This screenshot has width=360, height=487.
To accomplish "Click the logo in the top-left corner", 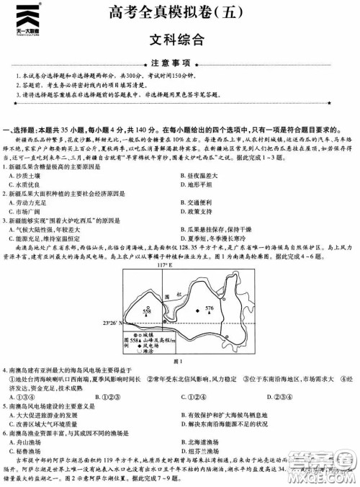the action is pos(28,21).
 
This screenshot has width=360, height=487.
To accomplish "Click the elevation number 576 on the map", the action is pos(209,308).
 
